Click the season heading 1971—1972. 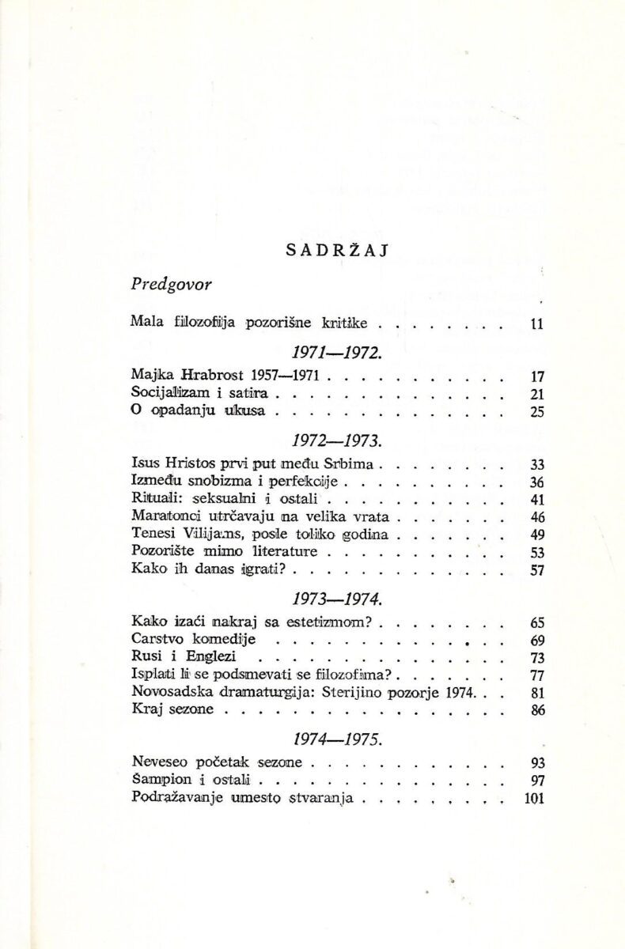(x=327, y=352)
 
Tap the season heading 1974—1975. (x=327, y=741)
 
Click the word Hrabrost (x=211, y=375)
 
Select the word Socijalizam (x=169, y=393)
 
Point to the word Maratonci (x=165, y=516)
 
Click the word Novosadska (x=167, y=692)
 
